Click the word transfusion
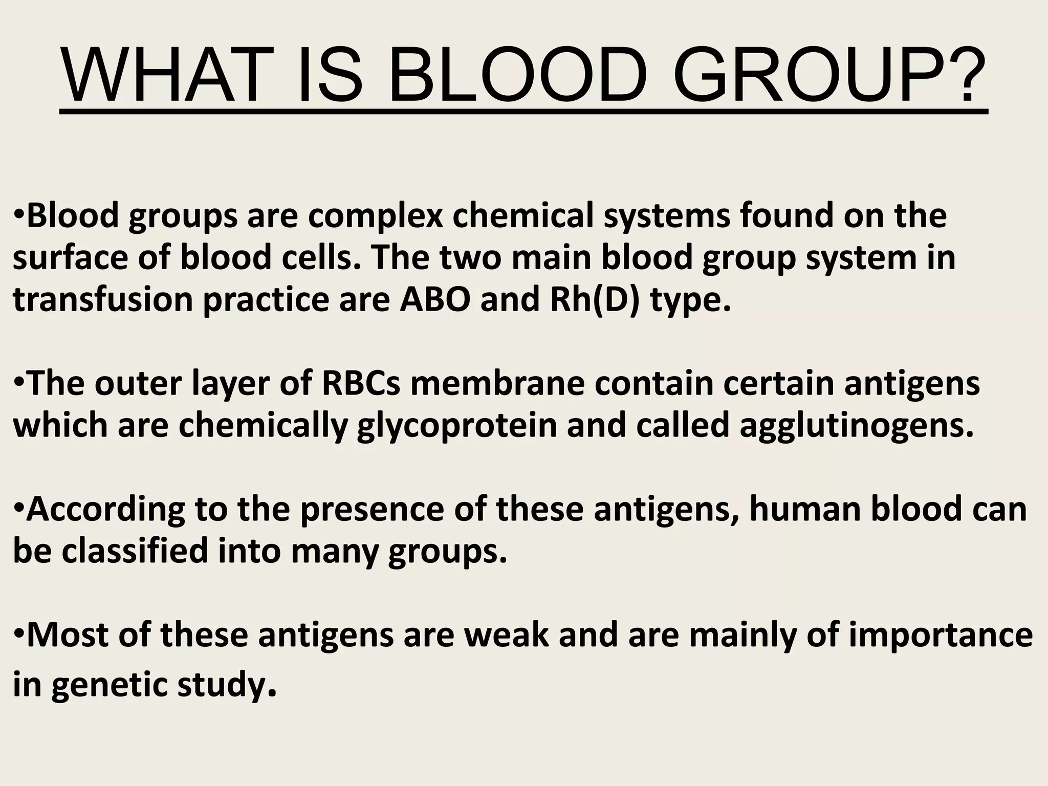[x=102, y=300]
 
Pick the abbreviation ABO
[x=434, y=300]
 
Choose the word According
[x=105, y=510]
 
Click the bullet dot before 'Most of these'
[x=18, y=635]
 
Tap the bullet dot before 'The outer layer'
[x=18, y=383]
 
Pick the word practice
[x=266, y=300]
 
